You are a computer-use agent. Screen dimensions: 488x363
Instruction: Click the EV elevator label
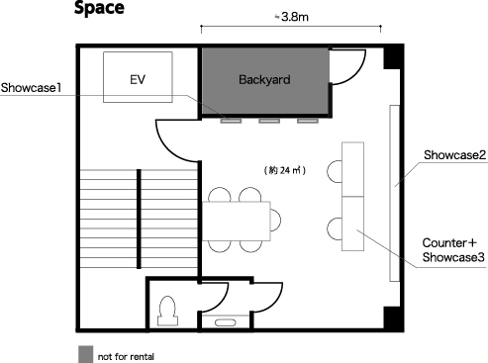point(138,79)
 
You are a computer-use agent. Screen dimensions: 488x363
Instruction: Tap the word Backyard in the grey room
point(264,80)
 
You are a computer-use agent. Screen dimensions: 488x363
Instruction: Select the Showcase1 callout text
point(31,88)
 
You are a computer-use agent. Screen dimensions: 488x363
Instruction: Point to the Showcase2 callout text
point(454,155)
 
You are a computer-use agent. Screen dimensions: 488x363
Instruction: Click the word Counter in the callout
point(445,243)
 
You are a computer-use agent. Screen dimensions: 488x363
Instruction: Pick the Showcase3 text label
point(453,257)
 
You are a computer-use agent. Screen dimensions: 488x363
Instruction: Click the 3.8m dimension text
point(295,17)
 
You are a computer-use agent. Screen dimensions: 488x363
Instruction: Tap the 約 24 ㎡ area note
point(285,170)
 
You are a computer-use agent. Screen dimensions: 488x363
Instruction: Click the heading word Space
point(99,8)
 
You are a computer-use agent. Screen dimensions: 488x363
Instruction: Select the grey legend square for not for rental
point(85,354)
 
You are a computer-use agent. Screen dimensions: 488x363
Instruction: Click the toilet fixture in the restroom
point(167,312)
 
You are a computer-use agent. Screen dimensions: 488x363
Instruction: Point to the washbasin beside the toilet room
point(226,322)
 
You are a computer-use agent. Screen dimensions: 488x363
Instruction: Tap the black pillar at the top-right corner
point(393,56)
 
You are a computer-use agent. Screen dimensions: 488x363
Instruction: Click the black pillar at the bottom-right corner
point(393,318)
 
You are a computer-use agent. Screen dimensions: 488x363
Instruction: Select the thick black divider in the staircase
point(139,219)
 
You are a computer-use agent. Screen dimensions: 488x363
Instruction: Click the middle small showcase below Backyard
point(269,121)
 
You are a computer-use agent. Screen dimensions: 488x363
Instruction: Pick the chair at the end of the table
point(276,221)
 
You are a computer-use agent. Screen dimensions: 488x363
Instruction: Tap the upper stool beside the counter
point(335,171)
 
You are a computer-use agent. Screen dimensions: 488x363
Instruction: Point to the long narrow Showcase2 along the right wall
point(395,193)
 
